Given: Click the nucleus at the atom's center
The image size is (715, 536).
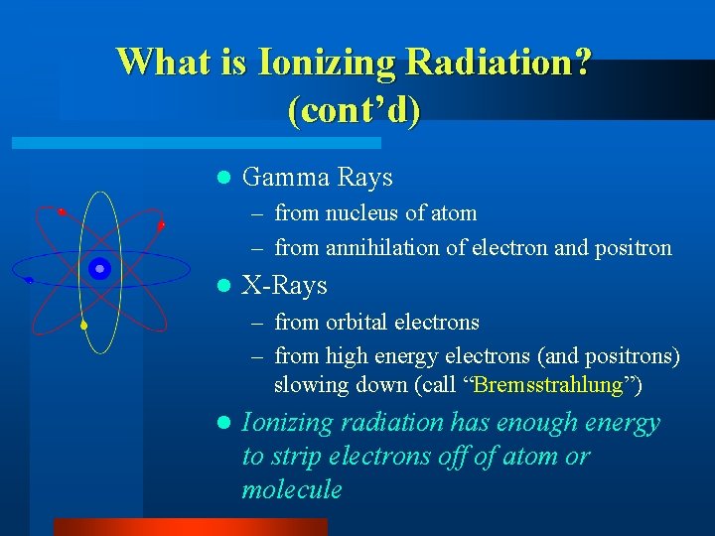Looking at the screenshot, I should coord(98,269).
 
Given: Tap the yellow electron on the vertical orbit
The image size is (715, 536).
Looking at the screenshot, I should coord(84,326).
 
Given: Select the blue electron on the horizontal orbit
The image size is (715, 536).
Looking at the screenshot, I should coord(29,281).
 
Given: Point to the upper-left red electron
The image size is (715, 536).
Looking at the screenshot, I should coord(62,211).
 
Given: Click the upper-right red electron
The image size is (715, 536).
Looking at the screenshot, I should coord(161,225).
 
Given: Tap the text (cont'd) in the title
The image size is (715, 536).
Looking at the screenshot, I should coord(354,108).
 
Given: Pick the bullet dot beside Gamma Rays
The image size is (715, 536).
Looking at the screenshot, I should coord(223,179).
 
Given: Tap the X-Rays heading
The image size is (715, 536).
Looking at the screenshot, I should coord(284,286).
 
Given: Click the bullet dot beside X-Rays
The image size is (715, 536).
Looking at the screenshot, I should coord(223,287).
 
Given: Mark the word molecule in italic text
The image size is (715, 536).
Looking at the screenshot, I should coord(292,489).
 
